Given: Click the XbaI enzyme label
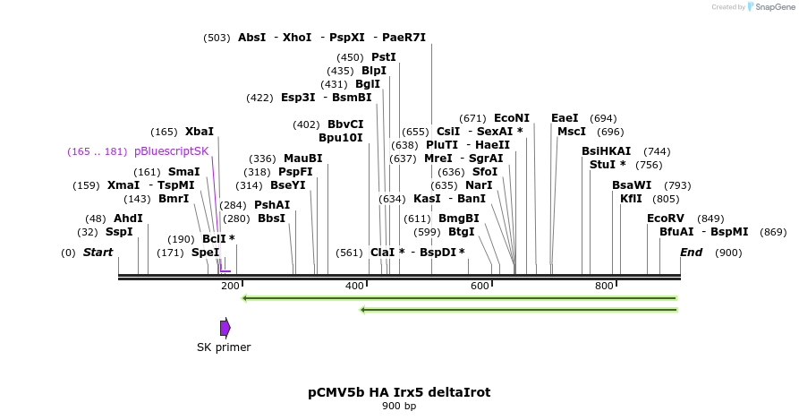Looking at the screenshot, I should tap(200, 132).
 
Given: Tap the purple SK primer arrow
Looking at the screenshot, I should tap(225, 328).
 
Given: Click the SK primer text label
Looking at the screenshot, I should tap(224, 347).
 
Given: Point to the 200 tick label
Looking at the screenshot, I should tap(230, 286).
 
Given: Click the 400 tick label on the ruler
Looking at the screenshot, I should tap(355, 286).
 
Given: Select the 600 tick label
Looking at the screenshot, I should tap(480, 286).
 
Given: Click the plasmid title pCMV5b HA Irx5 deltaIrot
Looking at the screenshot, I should tap(399, 392).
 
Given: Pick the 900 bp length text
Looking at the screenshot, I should tap(399, 407).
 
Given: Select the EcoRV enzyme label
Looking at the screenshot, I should tap(665, 219).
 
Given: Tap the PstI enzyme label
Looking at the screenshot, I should tap(384, 57).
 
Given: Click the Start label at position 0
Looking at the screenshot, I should tap(98, 253).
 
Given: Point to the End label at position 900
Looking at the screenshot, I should tap(692, 253).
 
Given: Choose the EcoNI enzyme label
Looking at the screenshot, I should tap(512, 118).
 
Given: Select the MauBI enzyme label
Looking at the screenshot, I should tap(303, 159).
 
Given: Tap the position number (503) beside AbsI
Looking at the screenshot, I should tap(217, 38).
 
